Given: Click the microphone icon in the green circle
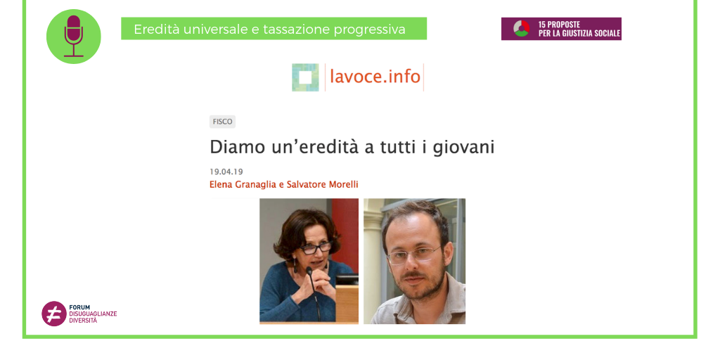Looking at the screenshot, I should pyautogui.click(x=73, y=35).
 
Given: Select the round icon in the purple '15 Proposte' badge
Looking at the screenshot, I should pyautogui.click(x=521, y=29).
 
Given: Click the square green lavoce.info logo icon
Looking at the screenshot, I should pyautogui.click(x=305, y=77).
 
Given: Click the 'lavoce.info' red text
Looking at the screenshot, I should pyautogui.click(x=375, y=77).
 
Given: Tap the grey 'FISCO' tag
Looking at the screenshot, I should pyautogui.click(x=222, y=122).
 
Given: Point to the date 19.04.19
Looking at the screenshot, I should pyautogui.click(x=226, y=172).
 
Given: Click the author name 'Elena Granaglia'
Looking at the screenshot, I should pyautogui.click(x=243, y=185).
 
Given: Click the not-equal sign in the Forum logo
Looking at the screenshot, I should pyautogui.click(x=53, y=314).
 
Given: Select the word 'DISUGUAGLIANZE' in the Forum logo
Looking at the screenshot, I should pyautogui.click(x=93, y=314).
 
